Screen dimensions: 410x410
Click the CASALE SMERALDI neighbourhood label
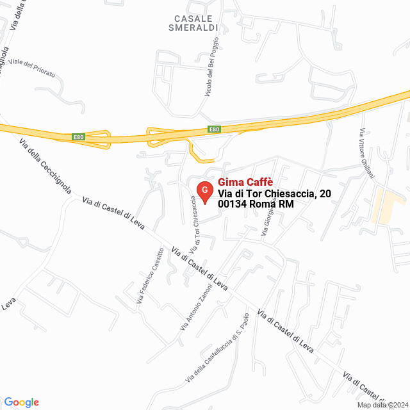(x=193, y=23)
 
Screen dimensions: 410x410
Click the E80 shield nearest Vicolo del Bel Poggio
(x=214, y=129)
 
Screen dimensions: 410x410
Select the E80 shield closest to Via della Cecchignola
(x=78, y=137)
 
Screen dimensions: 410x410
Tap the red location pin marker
(x=204, y=191)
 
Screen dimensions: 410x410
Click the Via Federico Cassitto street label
(x=149, y=275)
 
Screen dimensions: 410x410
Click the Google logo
(x=21, y=402)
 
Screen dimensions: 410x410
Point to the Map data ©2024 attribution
(x=382, y=405)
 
